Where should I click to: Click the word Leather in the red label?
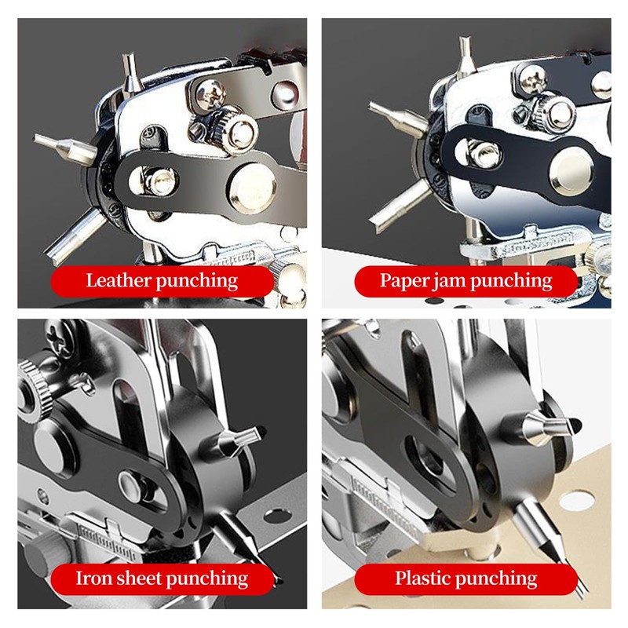[x=119, y=280]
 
